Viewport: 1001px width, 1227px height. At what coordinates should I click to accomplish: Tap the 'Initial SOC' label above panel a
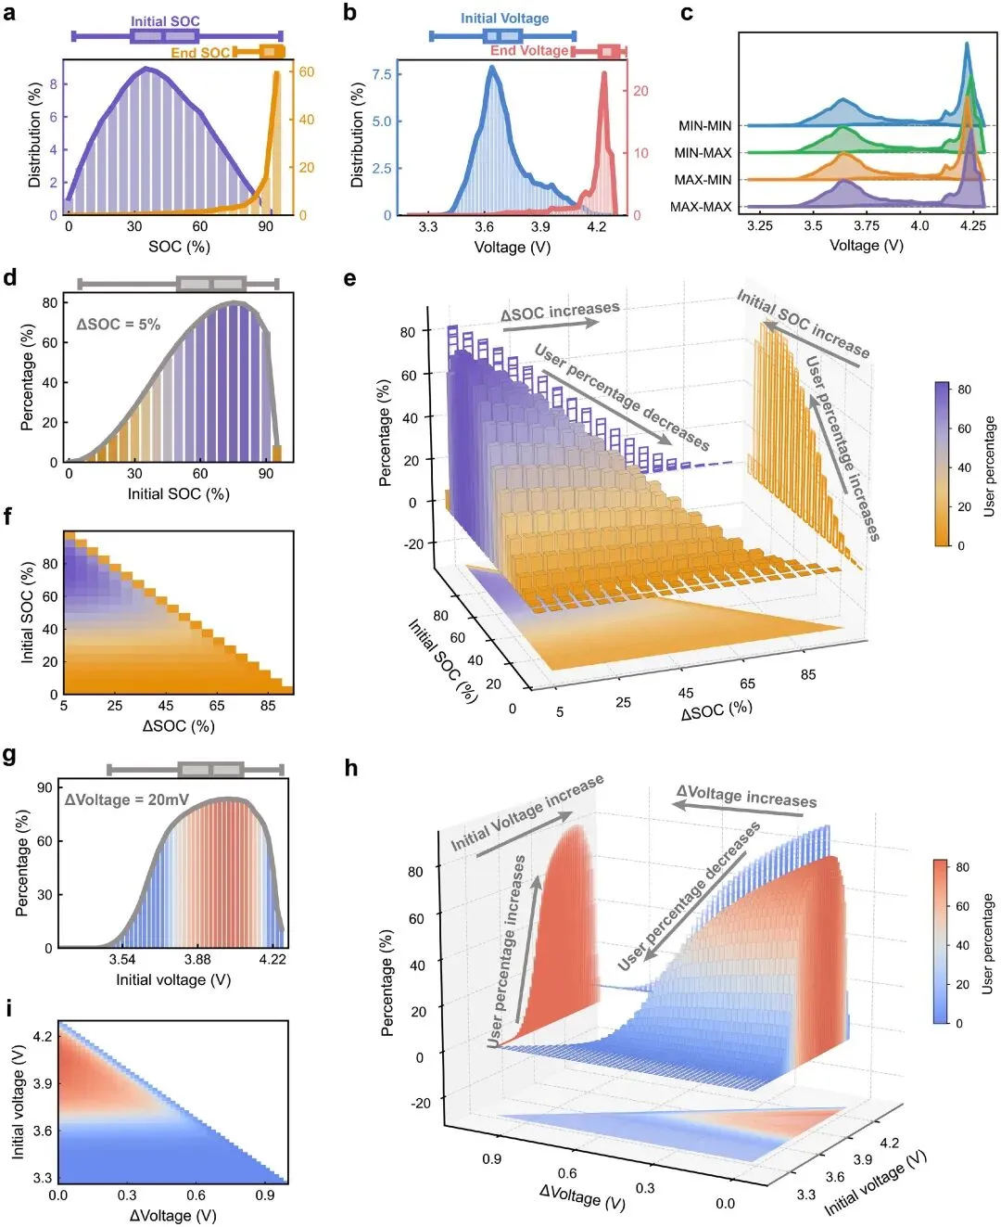click(165, 21)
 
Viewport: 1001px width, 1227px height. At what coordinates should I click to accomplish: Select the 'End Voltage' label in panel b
click(529, 51)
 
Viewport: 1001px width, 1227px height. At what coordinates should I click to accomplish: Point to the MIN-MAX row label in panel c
click(703, 153)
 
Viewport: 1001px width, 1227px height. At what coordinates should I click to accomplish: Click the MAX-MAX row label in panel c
click(701, 207)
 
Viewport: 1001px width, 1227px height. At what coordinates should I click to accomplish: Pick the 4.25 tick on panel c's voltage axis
click(972, 226)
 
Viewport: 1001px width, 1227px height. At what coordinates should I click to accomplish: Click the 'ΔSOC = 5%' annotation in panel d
click(118, 325)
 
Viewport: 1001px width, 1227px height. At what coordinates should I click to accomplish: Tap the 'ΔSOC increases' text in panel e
click(560, 312)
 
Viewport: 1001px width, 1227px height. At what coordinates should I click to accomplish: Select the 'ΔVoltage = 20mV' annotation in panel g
click(126, 799)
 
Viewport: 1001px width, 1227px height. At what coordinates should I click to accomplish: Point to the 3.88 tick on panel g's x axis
click(197, 960)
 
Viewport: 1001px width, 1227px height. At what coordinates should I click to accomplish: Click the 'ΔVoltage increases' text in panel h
click(746, 797)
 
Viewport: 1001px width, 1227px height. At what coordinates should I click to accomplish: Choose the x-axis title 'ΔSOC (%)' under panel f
click(178, 726)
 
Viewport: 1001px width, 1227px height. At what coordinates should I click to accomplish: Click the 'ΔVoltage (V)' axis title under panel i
click(172, 1216)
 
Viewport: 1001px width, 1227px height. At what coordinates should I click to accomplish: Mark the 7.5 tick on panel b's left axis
click(381, 74)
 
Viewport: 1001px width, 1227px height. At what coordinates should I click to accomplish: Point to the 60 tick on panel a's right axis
click(307, 72)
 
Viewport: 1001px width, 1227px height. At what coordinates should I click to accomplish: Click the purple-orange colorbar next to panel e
click(943, 464)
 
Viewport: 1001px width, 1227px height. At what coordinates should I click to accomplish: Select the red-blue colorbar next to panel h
click(941, 941)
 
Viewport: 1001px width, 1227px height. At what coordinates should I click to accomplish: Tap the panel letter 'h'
click(351, 768)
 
